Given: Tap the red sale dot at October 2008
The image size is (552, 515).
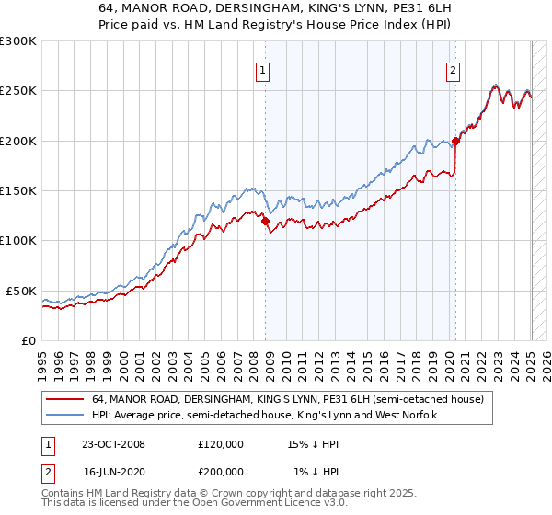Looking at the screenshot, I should [266, 221].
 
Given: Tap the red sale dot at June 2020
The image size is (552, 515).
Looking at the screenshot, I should [455, 142].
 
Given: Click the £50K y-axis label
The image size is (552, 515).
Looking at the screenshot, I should [21, 291].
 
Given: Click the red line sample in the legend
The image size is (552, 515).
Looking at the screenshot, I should [66, 398].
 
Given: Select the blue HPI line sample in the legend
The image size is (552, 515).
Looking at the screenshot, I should [66, 415].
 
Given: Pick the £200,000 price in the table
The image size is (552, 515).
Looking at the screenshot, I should [220, 471].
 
